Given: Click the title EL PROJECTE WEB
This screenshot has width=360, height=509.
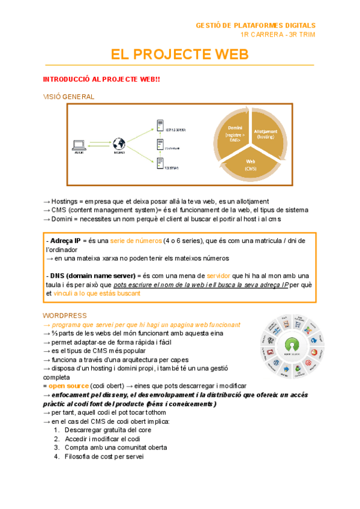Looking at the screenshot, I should [179, 55].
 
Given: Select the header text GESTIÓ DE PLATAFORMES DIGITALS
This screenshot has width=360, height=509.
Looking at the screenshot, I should [255, 25].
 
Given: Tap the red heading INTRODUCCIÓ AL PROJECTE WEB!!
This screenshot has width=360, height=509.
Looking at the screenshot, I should [101, 80].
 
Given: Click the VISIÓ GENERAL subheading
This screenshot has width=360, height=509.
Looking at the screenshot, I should [68, 97].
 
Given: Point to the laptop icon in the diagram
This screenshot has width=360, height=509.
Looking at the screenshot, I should [78, 145].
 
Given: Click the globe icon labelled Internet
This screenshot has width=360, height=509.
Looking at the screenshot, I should [119, 144].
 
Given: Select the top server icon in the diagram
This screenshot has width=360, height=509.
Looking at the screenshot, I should [160, 126].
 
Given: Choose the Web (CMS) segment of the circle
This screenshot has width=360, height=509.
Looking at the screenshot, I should [250, 164].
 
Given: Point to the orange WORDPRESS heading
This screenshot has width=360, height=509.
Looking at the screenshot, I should [65, 315].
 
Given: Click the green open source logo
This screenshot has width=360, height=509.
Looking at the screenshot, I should [292, 347].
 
